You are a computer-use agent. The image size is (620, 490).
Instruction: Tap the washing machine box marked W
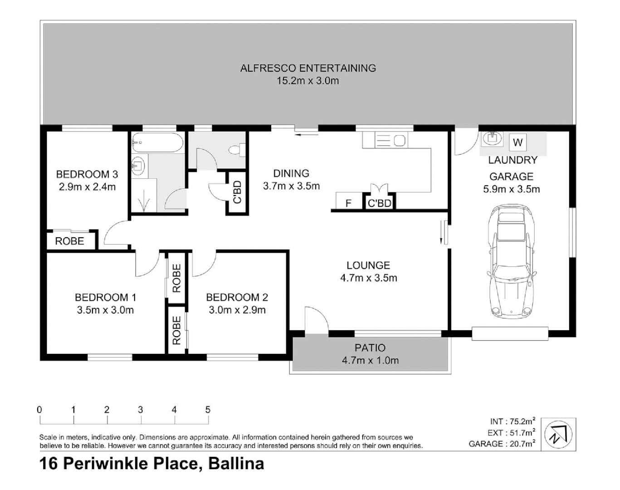517,142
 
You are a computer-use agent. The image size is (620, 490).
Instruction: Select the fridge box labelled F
348,202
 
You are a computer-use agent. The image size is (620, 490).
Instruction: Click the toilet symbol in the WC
237,149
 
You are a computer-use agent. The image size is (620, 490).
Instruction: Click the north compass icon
558,434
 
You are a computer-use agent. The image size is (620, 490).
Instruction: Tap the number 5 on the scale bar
208,410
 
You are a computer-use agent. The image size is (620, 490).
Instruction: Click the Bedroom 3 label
87,174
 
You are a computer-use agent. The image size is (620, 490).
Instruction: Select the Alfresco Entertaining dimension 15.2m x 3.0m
308,81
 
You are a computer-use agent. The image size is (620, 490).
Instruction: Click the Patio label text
370,348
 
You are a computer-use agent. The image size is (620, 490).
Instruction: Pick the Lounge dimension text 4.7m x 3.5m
368,278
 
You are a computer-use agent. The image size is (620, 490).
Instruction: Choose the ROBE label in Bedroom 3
69,241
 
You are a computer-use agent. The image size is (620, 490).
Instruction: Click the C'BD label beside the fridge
379,203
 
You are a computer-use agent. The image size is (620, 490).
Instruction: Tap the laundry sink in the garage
492,137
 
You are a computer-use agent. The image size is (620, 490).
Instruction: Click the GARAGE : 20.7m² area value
502,444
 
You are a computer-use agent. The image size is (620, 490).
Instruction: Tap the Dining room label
291,173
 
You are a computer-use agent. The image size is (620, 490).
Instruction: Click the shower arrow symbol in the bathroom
144,201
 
